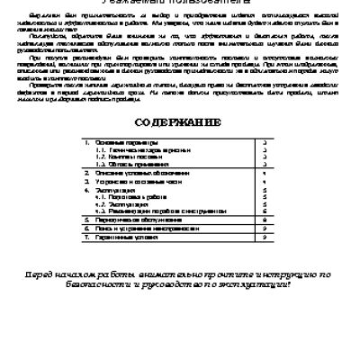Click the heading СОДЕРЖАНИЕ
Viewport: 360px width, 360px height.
180,121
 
